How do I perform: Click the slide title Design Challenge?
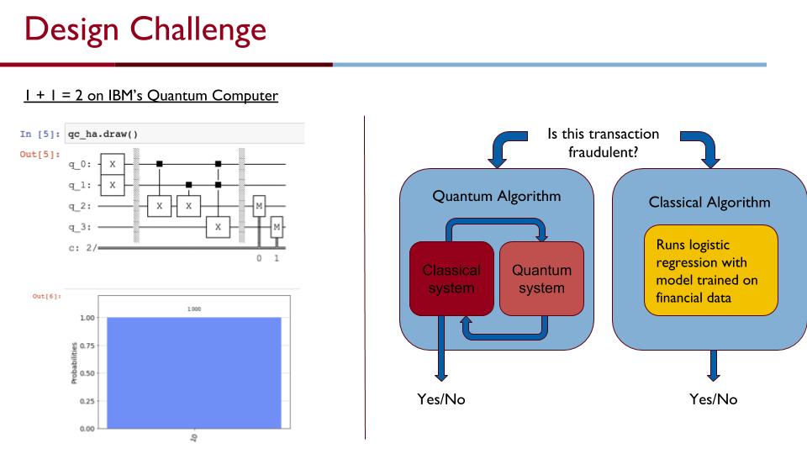145,30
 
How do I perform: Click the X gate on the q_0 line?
112,164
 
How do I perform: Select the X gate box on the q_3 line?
219,227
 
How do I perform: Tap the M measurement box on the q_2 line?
259,206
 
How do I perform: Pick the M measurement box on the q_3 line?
277,227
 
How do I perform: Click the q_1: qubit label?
80,185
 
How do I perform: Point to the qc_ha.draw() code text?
103,135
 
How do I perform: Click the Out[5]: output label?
40,155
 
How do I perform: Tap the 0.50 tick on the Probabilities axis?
87,373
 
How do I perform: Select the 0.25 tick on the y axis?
87,401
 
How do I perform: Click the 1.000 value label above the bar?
194,309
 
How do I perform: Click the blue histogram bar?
194,372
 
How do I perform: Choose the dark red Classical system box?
452,278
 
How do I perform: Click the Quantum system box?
541,278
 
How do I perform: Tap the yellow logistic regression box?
711,270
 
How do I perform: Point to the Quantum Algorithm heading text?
497,196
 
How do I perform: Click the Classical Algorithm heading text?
709,203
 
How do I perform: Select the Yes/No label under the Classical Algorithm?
714,399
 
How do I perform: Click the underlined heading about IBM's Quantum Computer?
150,96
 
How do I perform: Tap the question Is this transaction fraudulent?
604,143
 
